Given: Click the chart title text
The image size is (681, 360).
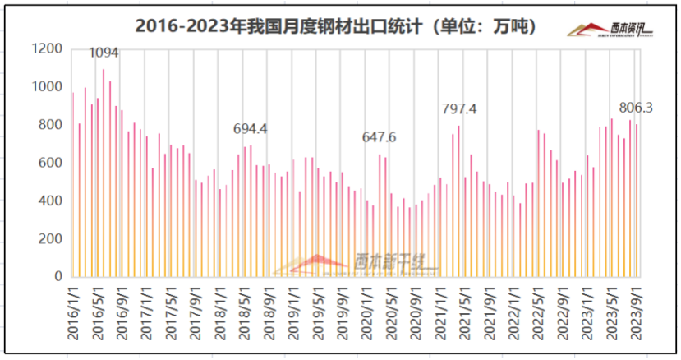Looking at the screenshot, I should point(336,26).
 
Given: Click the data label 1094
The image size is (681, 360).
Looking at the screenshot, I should point(104,53).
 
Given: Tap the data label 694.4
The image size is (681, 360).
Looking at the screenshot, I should point(251,129).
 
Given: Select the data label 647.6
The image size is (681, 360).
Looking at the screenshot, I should point(380,137).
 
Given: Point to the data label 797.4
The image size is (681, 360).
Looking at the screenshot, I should point(459,108).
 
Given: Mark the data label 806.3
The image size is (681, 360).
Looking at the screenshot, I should point(636,108).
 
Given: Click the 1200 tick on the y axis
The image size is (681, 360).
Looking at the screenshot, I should point(48,49).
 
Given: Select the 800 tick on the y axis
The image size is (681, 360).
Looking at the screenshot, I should point(52,125).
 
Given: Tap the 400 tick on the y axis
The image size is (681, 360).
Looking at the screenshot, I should point(52,201).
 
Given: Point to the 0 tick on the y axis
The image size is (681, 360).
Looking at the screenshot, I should point(59,277).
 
